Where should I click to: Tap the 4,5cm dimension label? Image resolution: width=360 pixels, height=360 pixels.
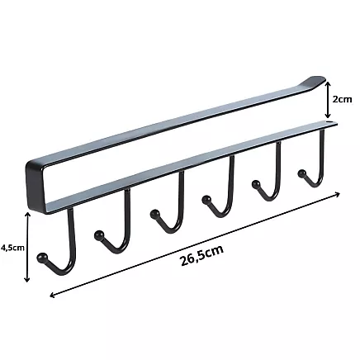tap(12, 246)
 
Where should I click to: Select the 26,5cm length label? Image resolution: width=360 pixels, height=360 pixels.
tap(202, 257)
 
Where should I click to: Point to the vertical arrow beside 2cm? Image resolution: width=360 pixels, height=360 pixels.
tap(328, 99)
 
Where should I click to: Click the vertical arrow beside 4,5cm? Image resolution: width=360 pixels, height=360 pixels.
tap(29, 247)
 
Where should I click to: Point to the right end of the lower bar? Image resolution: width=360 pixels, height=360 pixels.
tap(334, 126)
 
